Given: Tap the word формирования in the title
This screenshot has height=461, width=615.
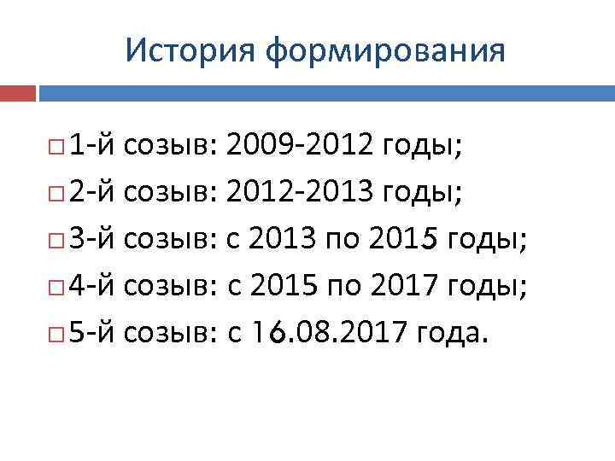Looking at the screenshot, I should click(x=384, y=51).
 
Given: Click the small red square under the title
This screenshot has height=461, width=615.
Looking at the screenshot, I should click(x=18, y=92).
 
